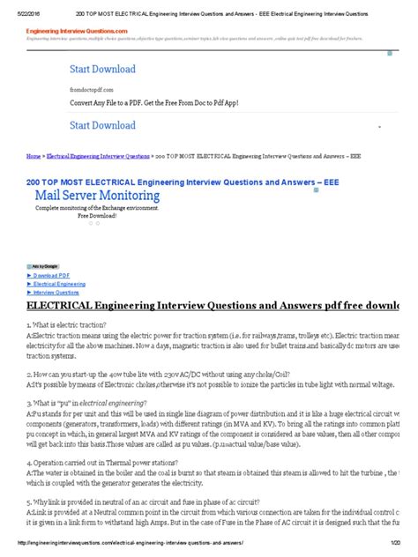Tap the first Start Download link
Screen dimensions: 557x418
click(x=102, y=69)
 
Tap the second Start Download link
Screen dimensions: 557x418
click(x=102, y=125)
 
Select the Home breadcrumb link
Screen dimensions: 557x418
click(x=34, y=155)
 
